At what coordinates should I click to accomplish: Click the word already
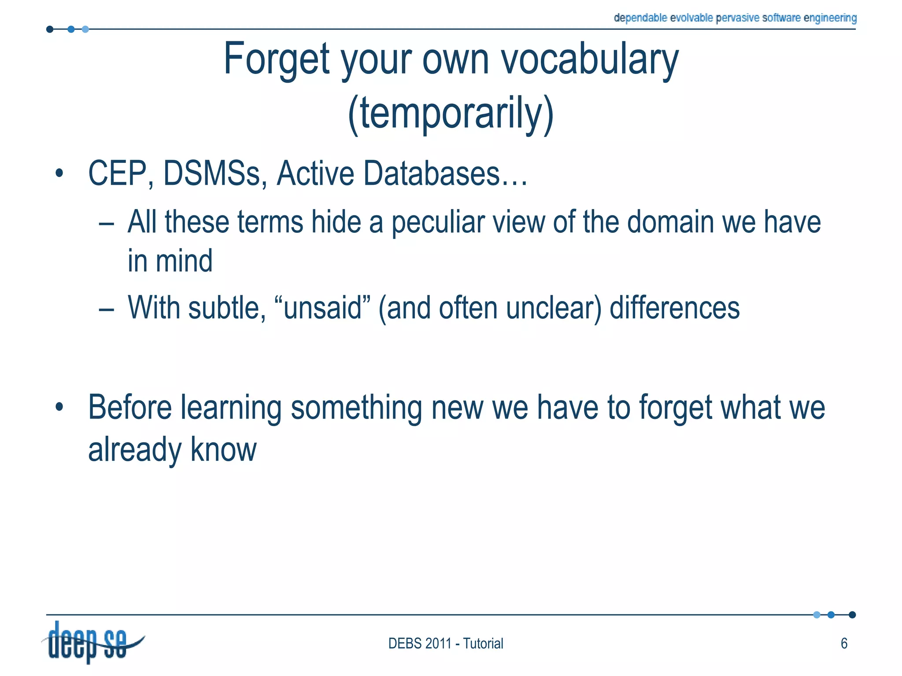click(x=135, y=450)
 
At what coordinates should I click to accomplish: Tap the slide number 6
click(x=844, y=644)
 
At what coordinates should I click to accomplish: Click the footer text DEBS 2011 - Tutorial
click(x=445, y=644)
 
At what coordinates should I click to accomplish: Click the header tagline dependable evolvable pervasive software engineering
click(x=735, y=18)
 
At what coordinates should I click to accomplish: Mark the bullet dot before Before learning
click(x=59, y=407)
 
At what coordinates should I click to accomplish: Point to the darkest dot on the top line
click(x=50, y=29)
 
